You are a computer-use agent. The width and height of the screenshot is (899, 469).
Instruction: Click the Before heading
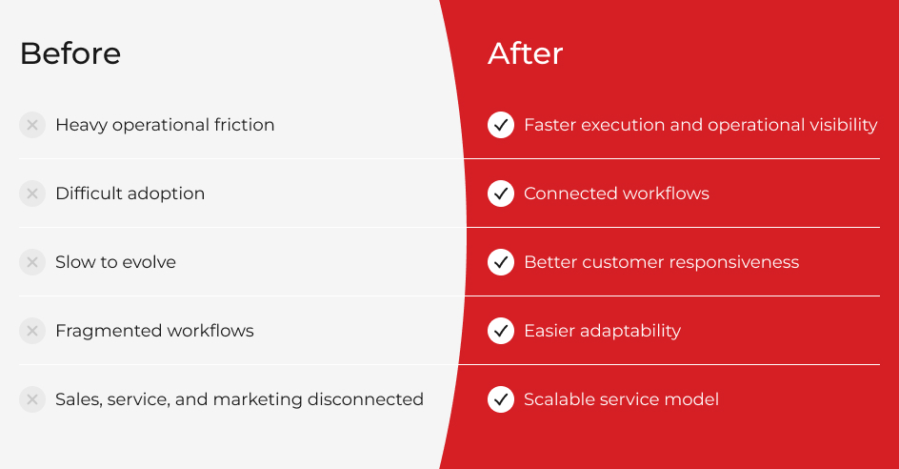pos(70,53)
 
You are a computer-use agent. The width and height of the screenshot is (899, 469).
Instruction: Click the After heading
pos(525,53)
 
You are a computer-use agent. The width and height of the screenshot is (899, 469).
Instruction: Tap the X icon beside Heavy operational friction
pos(32,125)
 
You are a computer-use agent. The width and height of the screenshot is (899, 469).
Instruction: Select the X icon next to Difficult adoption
pos(32,194)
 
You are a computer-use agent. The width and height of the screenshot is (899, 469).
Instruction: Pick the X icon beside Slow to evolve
pos(32,262)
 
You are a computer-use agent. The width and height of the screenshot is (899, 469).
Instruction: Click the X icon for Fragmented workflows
pos(32,331)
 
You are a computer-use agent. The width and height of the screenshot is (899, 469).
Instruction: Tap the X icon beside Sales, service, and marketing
pos(32,399)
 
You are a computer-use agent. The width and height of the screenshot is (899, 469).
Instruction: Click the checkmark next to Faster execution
pos(501,125)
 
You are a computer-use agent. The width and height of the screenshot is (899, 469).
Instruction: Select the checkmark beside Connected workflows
pos(501,194)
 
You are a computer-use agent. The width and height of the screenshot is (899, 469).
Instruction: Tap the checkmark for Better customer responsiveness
pos(501,262)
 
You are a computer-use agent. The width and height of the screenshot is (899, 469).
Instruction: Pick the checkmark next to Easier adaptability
pos(501,331)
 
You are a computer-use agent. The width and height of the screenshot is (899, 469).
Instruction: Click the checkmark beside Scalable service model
pos(501,399)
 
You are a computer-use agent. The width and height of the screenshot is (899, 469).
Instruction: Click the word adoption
pos(167,194)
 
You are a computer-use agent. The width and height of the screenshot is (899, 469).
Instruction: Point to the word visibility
pos(843,125)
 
